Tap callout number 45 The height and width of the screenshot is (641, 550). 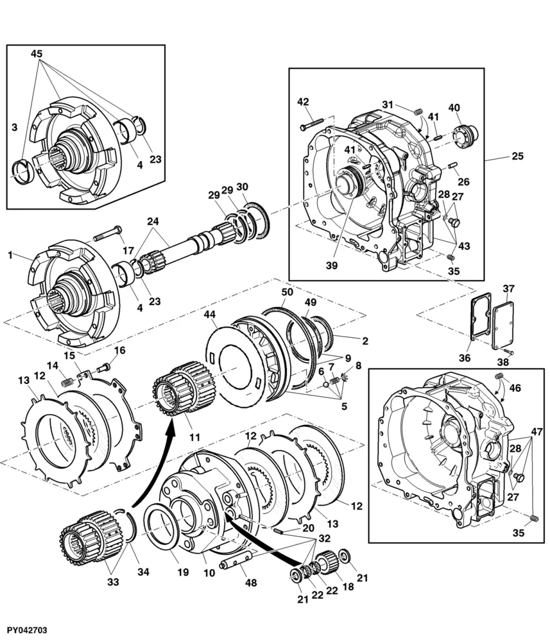pos(37,54)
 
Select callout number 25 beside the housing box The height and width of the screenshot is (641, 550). pos(518,156)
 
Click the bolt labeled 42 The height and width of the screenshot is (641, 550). pos(312,124)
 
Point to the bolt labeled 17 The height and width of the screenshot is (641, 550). pos(108,234)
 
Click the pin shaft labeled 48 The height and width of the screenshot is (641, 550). pos(238,560)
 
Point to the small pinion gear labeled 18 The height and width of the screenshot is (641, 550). pos(327,560)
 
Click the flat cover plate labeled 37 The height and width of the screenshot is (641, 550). pos(503,326)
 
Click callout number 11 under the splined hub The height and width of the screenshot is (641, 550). pos(194,437)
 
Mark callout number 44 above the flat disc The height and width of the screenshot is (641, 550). pos(209,314)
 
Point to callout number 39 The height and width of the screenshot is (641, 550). pos(332,265)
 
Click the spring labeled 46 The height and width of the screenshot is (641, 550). pos(499,376)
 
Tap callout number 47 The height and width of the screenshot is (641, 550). pos(537,431)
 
